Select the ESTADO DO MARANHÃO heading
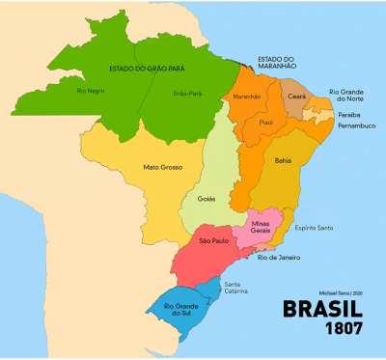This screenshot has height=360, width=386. (270, 63)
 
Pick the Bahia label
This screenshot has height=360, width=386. (283, 161)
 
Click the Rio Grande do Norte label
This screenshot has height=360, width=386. (346, 96)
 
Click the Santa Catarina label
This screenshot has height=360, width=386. (237, 288)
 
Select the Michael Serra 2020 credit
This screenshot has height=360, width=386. (340, 291)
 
